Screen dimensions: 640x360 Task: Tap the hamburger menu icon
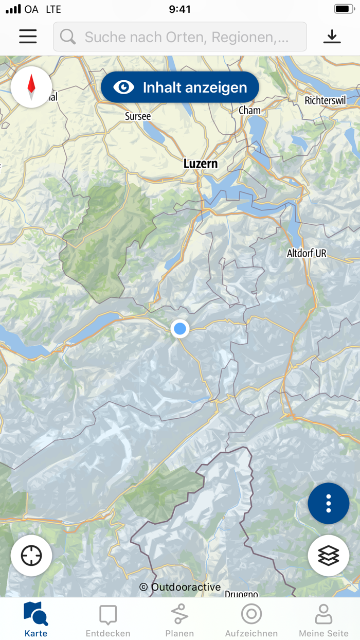(28, 37)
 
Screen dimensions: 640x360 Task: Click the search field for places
(180, 37)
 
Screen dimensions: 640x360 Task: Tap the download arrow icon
(332, 37)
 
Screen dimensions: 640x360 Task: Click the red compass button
(31, 87)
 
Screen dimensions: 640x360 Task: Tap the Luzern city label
(201, 164)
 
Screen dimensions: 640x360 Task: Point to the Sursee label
(138, 116)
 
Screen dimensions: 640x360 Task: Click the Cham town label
(249, 110)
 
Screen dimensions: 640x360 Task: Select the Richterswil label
(325, 100)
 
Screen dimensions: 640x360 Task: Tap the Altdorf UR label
(307, 253)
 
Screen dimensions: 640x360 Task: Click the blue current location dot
(179, 328)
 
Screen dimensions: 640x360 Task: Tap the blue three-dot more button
(328, 504)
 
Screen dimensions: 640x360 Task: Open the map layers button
(328, 556)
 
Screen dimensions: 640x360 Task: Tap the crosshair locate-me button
(31, 556)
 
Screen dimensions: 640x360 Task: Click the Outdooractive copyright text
(180, 587)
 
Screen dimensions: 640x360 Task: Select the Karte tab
(36, 619)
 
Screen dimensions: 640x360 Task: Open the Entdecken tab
(108, 619)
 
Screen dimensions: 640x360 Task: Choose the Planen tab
(179, 619)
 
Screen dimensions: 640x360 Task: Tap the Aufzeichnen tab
(251, 619)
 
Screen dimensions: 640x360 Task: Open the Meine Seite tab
(323, 619)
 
